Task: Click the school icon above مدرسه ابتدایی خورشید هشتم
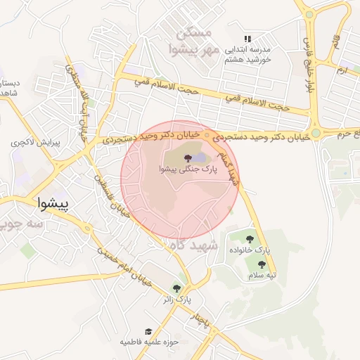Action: tap(247, 39)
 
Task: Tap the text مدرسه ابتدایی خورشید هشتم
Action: tap(247, 55)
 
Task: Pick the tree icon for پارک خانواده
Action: tap(250, 238)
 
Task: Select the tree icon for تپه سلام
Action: tap(262, 264)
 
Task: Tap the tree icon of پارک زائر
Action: tap(176, 288)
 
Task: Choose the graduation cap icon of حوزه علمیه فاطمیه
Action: tap(148, 331)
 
